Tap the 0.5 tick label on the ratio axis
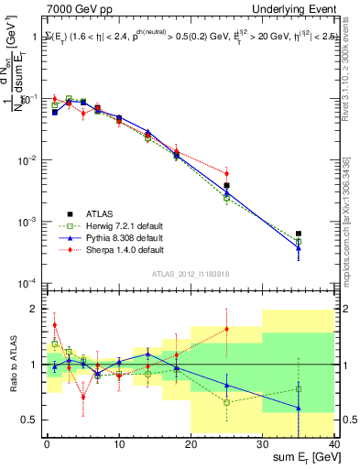29,420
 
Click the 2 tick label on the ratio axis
35,309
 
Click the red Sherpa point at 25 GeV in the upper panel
226,173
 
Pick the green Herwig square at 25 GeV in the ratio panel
226,402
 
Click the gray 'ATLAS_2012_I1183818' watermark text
191,273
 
